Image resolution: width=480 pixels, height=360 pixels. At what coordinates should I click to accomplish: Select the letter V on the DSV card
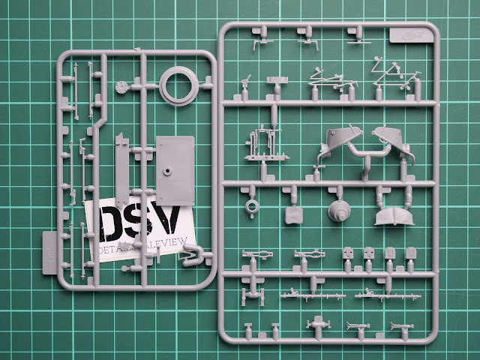[x=175, y=221]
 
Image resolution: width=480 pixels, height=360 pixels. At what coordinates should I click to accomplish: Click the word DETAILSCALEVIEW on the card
[x=142, y=250]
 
